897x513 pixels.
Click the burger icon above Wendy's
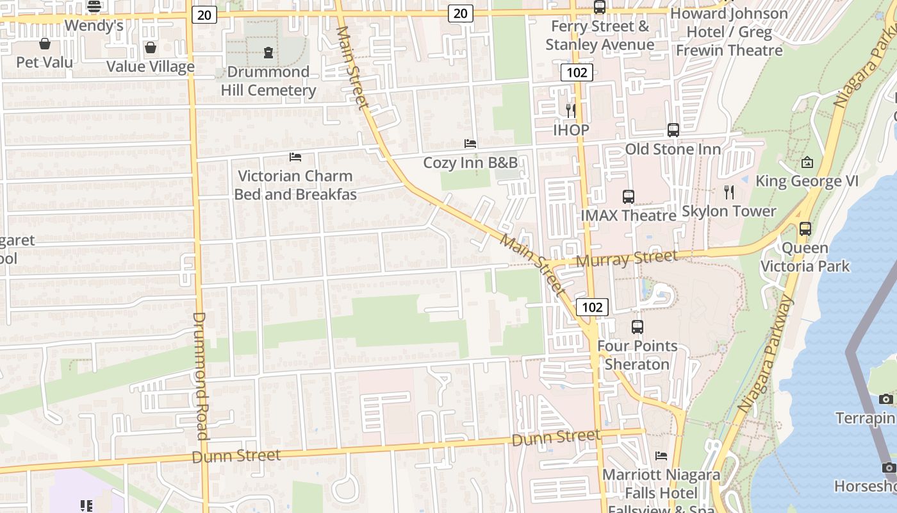[94, 6]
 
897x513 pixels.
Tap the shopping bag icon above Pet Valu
[45, 44]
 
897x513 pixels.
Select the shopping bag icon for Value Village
[150, 47]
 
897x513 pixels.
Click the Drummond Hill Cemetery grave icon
[268, 53]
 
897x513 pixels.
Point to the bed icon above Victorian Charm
[295, 156]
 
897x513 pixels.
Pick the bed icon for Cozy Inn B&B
[470, 144]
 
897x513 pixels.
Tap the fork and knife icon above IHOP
[570, 111]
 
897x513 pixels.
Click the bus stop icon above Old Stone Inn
[673, 130]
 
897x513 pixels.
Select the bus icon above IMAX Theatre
[628, 196]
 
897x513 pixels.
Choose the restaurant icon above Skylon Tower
[728, 192]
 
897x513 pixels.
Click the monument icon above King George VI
[807, 162]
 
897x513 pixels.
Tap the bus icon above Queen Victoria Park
[805, 228]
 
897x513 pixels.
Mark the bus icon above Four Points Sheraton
[637, 327]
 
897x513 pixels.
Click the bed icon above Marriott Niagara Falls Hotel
[661, 456]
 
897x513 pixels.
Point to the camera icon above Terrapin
[886, 399]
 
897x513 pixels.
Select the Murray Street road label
[626, 258]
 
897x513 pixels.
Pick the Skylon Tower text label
[728, 211]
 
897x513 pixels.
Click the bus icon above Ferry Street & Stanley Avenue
[600, 7]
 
